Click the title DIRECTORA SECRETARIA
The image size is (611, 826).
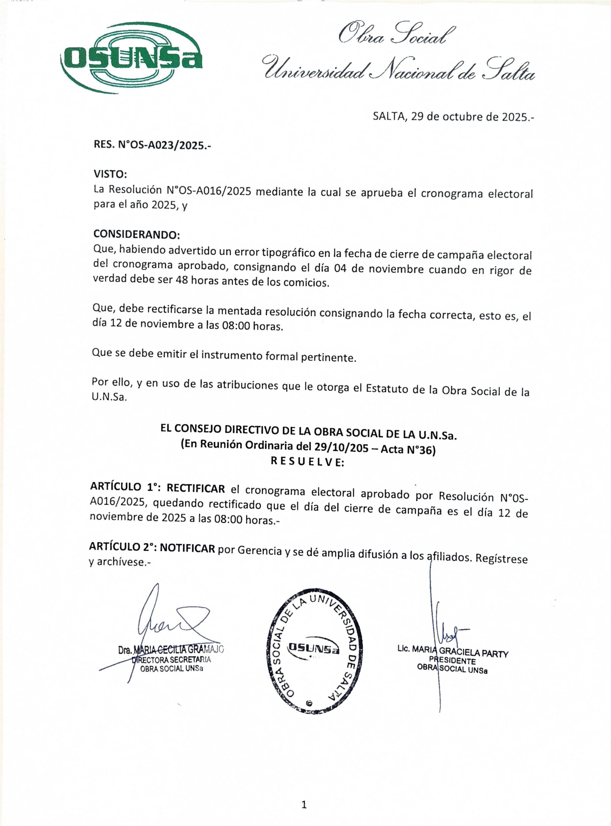click(x=171, y=660)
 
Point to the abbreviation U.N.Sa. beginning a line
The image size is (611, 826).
click(x=110, y=398)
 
